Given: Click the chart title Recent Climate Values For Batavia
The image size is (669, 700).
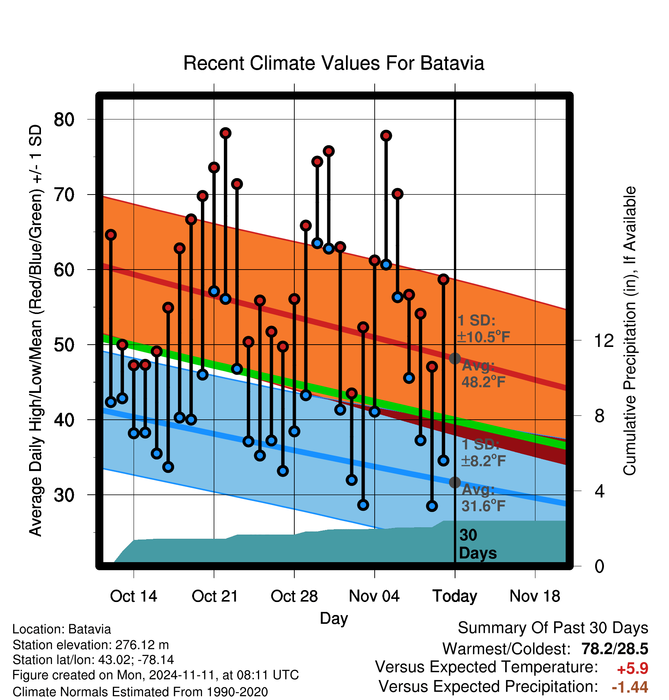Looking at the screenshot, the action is coord(334,63).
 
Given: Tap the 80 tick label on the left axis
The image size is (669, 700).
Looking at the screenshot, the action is coord(64,119).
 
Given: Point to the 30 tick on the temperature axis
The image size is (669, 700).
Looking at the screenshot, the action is coord(64,495).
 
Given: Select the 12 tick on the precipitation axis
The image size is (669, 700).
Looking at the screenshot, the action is coord(604,340).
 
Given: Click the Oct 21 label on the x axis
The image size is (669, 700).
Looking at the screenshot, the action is coord(215,596).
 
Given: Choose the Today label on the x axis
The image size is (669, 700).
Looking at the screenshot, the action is coord(455,597).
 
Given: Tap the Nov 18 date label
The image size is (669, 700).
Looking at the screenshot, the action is coord(535,596).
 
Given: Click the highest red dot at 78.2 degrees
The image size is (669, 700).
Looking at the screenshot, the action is coord(225,133).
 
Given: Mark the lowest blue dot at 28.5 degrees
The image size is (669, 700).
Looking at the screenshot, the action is coord(432,506).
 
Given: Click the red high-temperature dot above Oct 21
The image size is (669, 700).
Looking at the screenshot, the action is coord(214,167).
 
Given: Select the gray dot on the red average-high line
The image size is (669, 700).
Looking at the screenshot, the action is coord(455,358).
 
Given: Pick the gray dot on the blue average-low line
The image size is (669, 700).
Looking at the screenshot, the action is coord(455,482).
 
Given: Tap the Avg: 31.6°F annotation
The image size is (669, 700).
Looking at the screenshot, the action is coord(483,498).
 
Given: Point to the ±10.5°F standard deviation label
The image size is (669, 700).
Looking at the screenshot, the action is coord(483,337).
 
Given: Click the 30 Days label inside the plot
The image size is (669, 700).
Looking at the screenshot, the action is coord(478,544).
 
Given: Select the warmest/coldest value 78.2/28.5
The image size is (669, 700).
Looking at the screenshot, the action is coord(615,649).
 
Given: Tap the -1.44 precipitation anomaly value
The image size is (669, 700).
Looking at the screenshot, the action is coord(630,687).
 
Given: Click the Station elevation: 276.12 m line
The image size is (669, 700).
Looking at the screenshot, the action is coord(91,645).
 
